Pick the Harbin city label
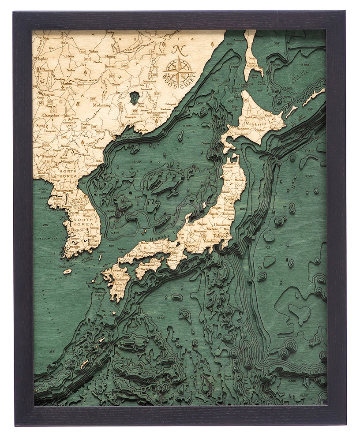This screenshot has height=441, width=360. click(x=67, y=83)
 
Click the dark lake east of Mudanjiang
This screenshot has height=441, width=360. click(x=134, y=97)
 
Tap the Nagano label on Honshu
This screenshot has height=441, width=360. click(x=203, y=224)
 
